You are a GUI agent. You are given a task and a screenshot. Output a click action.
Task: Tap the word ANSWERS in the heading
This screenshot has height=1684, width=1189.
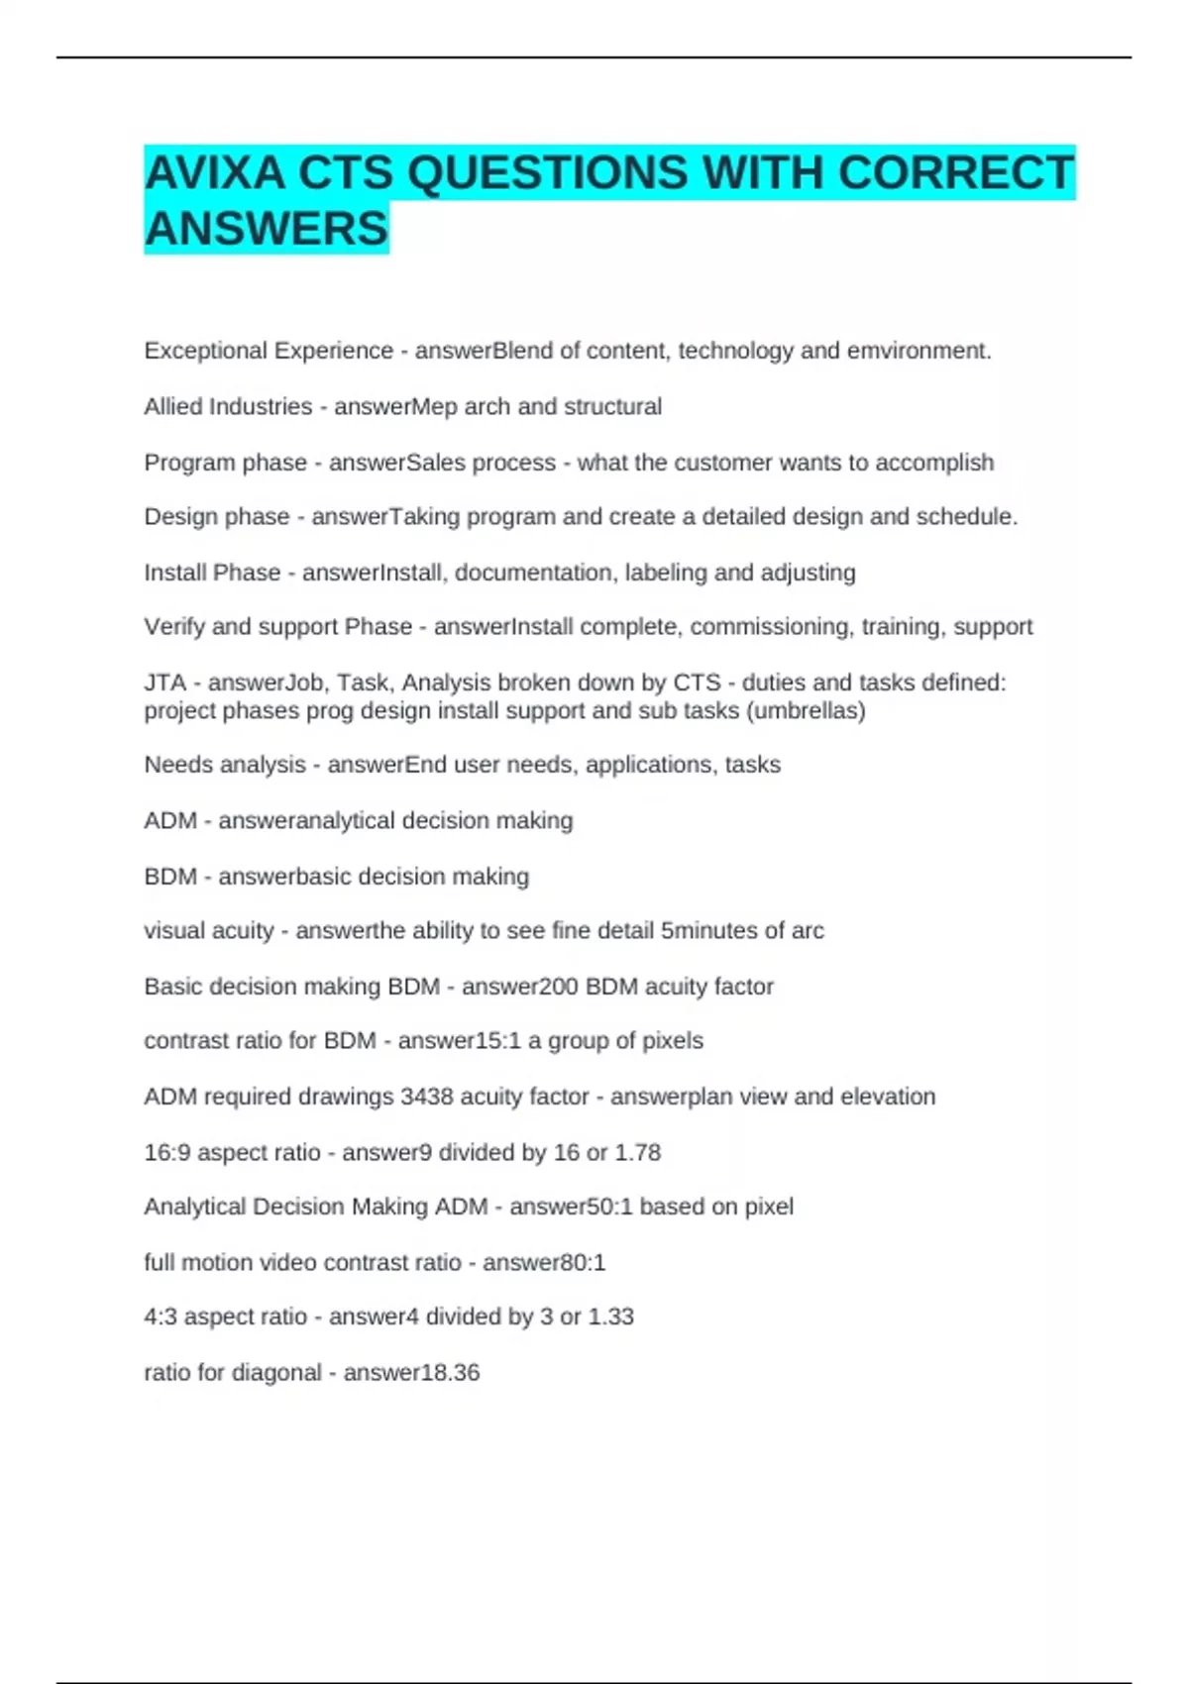pyautogui.click(x=266, y=229)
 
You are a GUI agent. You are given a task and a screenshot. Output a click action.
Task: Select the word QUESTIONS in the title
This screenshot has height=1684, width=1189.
pyautogui.click(x=547, y=173)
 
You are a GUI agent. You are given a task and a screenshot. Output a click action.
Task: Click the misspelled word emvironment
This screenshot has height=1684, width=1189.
pyautogui.click(x=919, y=351)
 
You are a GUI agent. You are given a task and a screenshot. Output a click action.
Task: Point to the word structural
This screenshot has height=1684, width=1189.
pyautogui.click(x=612, y=407)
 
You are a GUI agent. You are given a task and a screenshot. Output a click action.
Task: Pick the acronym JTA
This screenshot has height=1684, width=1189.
pyautogui.click(x=165, y=683)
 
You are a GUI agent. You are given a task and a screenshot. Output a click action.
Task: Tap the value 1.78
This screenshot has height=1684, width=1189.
pyautogui.click(x=637, y=1153)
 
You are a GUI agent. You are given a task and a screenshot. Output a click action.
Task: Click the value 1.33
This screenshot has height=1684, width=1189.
pyautogui.click(x=610, y=1317)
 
